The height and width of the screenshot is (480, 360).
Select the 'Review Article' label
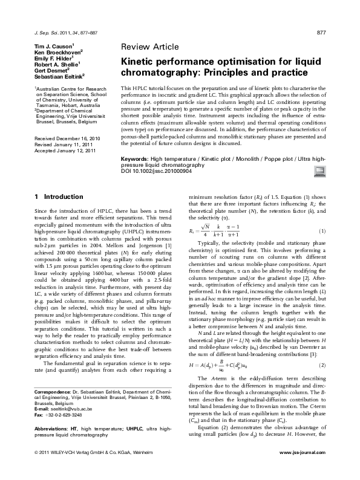(x=150, y=47)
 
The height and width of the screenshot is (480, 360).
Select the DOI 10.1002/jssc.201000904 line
(x=155, y=170)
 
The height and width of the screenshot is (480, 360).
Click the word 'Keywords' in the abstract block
(x=136, y=157)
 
